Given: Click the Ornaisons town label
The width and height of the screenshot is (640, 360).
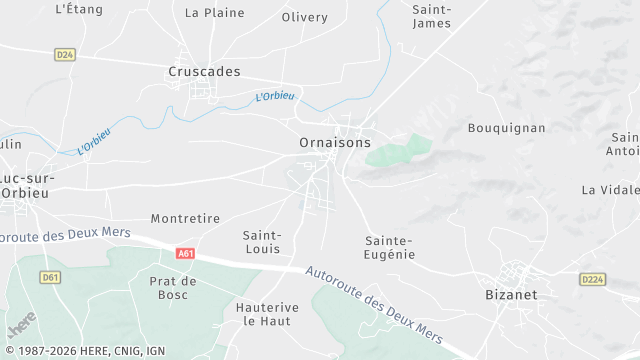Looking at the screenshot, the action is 335,143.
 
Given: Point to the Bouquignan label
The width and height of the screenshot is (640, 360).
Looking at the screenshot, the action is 507,128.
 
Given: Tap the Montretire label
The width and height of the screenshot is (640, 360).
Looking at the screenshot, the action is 185,218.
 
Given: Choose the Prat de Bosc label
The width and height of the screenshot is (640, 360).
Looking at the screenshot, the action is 171,288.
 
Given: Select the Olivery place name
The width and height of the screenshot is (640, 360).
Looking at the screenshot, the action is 305,17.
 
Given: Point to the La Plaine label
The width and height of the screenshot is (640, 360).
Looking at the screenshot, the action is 215,13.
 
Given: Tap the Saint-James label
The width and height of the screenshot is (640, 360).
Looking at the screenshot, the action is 432,16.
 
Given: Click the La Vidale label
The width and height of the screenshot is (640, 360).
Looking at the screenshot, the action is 610,189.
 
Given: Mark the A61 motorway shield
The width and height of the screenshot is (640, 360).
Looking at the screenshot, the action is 185,254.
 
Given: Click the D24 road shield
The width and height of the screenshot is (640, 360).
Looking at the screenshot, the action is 67,54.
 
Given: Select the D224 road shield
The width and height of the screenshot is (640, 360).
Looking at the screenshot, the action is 594,280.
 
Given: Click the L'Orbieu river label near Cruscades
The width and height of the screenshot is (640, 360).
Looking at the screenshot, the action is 275,97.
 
